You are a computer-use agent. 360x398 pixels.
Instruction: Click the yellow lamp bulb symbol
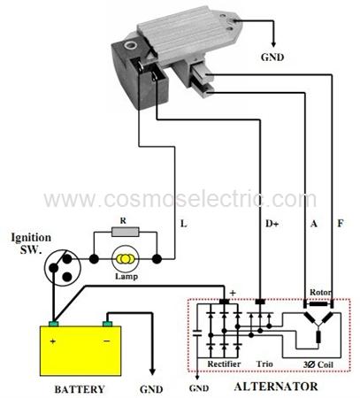[125, 259]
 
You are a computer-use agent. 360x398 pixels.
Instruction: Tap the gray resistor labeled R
[125, 232]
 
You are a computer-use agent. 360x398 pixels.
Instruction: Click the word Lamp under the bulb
[126, 276]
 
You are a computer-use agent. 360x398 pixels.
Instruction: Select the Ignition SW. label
[31, 243]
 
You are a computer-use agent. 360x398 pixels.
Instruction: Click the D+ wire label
[272, 224]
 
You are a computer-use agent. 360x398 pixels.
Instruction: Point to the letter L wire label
[184, 224]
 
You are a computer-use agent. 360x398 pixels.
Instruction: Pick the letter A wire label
[314, 224]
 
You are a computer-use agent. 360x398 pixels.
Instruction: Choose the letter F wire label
[341, 224]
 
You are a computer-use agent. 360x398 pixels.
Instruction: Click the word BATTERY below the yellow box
[80, 389]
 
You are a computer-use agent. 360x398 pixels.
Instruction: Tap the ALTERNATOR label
[276, 387]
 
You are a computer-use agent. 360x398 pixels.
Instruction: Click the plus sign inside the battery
[53, 341]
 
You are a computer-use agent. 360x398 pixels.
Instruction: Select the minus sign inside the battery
[107, 341]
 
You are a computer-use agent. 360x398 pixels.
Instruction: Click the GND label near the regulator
[272, 57]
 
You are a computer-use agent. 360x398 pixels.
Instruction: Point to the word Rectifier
[224, 364]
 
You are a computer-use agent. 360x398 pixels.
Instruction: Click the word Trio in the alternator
[264, 364]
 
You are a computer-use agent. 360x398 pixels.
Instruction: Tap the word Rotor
[320, 293]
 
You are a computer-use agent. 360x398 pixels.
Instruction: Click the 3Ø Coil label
[318, 364]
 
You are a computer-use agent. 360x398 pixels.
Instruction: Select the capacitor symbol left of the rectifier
[197, 333]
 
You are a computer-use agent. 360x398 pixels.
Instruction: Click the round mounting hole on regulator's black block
[130, 45]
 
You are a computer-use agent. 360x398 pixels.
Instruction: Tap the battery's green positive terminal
[53, 324]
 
